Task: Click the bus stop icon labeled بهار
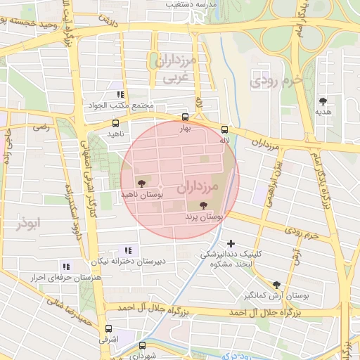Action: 185,117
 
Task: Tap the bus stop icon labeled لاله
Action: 224,129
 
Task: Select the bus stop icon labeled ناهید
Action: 115,123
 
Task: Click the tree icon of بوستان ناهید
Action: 142,183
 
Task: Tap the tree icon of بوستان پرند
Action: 203,206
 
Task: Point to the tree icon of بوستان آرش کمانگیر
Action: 276,285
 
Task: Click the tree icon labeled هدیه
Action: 323,101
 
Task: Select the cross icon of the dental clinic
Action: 231,243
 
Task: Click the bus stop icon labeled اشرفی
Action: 108,328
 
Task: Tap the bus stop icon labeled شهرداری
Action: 142,345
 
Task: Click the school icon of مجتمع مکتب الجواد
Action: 120,94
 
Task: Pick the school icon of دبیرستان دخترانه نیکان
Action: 127,250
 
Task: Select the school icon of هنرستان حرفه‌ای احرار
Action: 66,266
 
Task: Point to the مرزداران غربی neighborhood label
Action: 171,69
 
